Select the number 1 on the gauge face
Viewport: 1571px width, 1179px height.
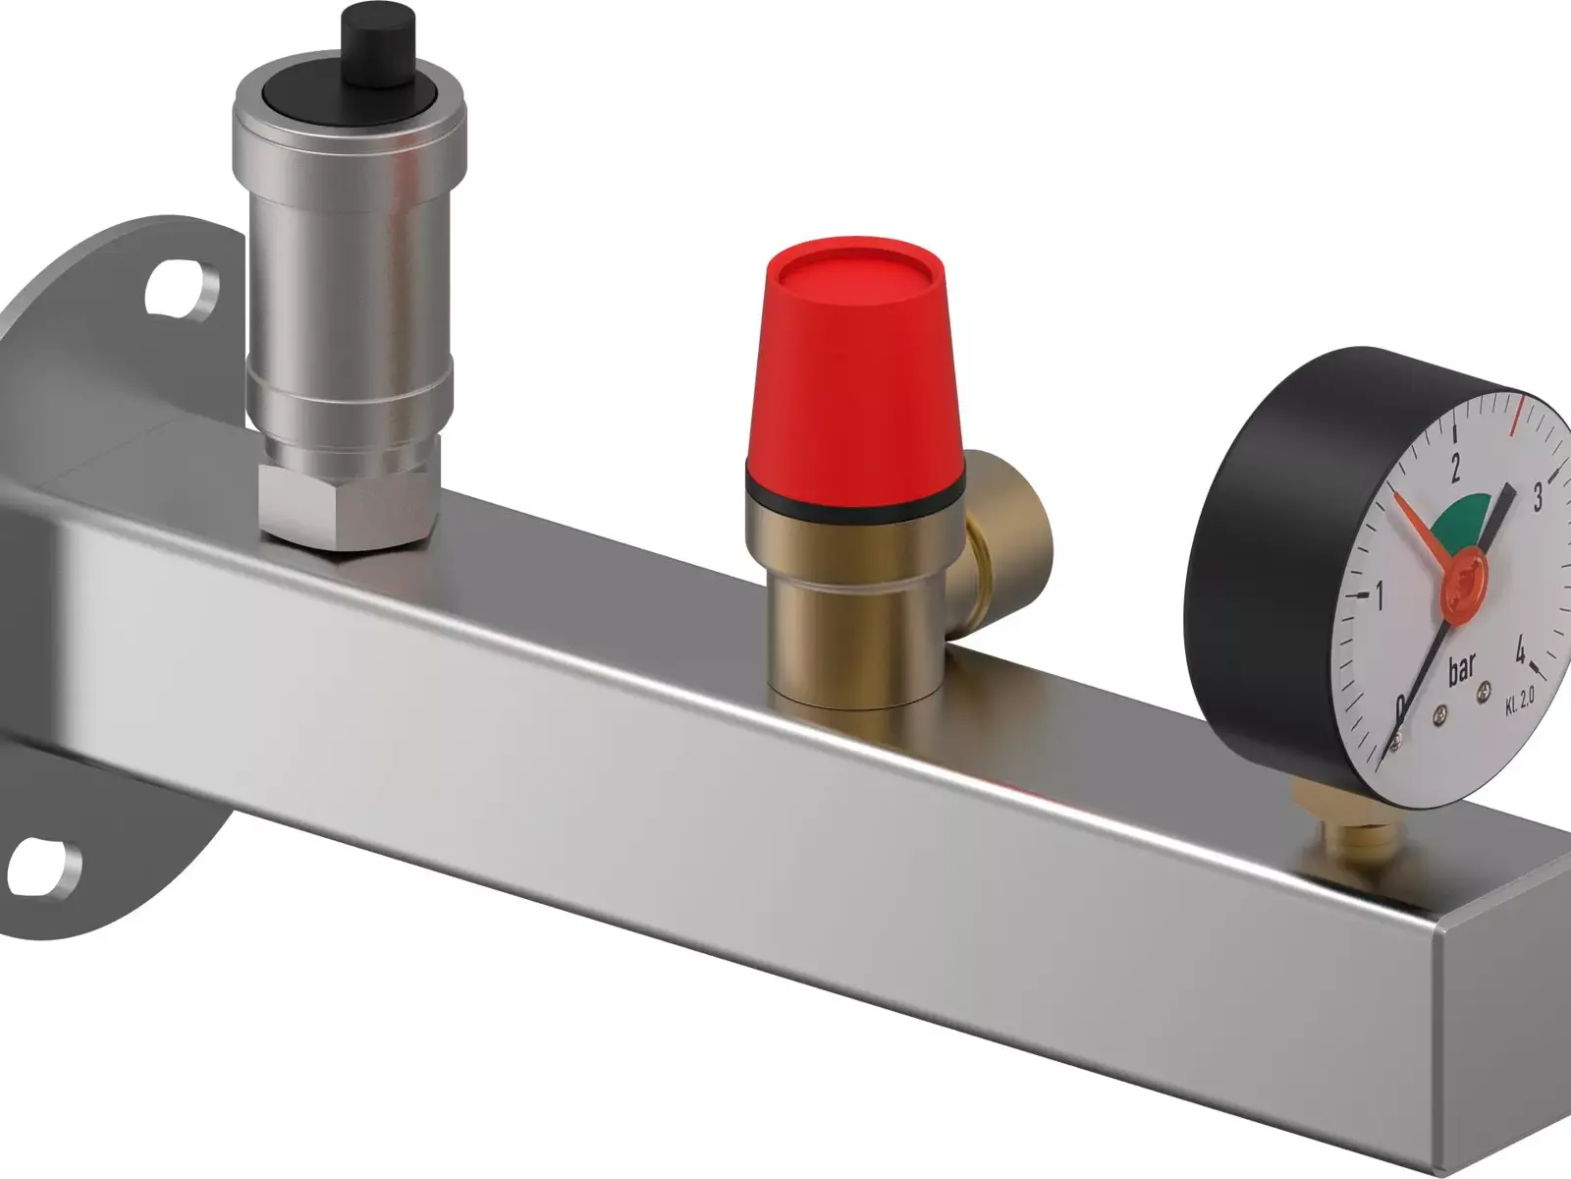point(1380,595)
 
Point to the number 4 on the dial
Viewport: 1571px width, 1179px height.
point(1519,648)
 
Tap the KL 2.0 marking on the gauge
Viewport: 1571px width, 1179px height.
point(1518,702)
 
